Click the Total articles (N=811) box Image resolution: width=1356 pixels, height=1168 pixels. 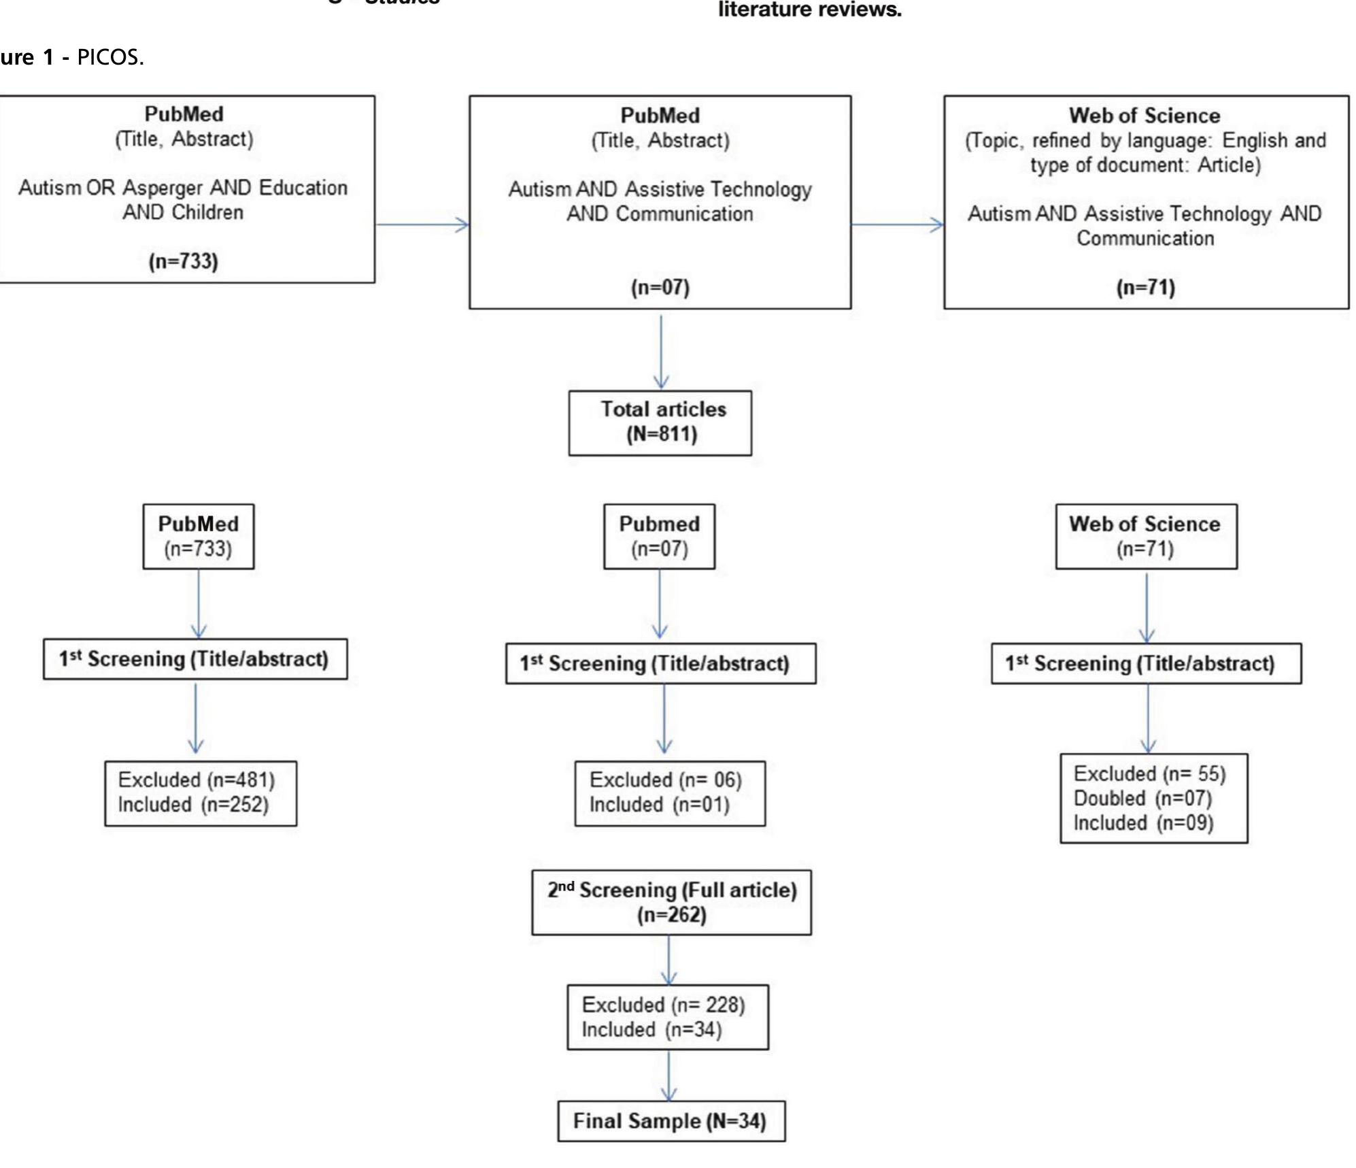click(660, 422)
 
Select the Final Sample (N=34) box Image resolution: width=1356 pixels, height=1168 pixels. click(671, 1120)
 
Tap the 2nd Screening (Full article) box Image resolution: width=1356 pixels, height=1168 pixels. click(671, 901)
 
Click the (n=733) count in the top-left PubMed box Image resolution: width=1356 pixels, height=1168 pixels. click(184, 261)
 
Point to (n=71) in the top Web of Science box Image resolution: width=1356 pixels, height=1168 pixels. click(1145, 287)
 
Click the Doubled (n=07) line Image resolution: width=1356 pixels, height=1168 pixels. click(1142, 798)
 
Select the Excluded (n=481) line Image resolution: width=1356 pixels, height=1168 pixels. click(196, 780)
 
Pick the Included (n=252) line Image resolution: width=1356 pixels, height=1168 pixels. click(193, 804)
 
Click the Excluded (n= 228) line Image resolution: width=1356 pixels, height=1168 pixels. click(663, 1005)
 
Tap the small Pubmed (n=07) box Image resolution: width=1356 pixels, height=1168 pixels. click(659, 536)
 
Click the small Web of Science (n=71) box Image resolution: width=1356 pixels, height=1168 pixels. click(1145, 536)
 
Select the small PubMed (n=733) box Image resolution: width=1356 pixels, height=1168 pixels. click(198, 536)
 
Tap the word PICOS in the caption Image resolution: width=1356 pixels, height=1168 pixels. click(108, 57)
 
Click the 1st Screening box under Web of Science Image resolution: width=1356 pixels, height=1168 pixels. click(1145, 663)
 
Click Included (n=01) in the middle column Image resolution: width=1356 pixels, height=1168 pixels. click(659, 805)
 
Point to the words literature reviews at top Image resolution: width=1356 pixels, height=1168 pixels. click(809, 10)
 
